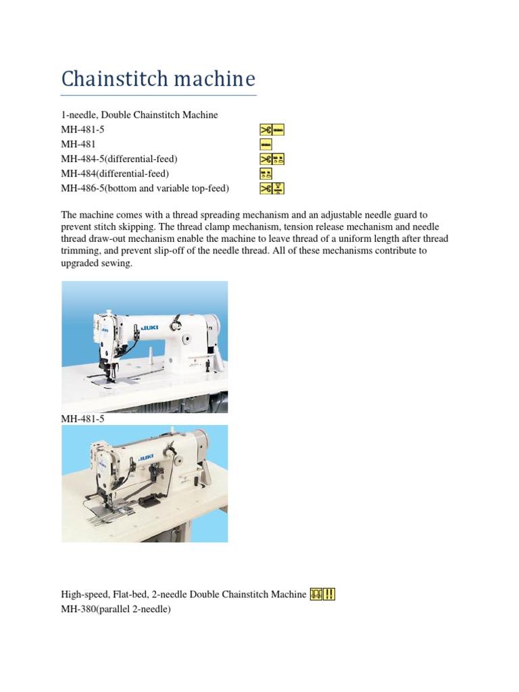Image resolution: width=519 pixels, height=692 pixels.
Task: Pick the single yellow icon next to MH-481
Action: pos(265,144)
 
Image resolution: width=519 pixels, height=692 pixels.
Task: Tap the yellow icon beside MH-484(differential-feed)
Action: pos(265,174)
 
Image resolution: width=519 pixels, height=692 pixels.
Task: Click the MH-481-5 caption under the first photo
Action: pos(82,419)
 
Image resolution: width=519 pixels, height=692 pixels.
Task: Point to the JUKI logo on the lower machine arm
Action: pos(145,458)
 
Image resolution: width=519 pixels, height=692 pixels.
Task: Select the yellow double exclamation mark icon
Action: pos(330,594)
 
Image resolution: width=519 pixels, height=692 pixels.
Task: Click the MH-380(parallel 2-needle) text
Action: pos(116,608)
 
